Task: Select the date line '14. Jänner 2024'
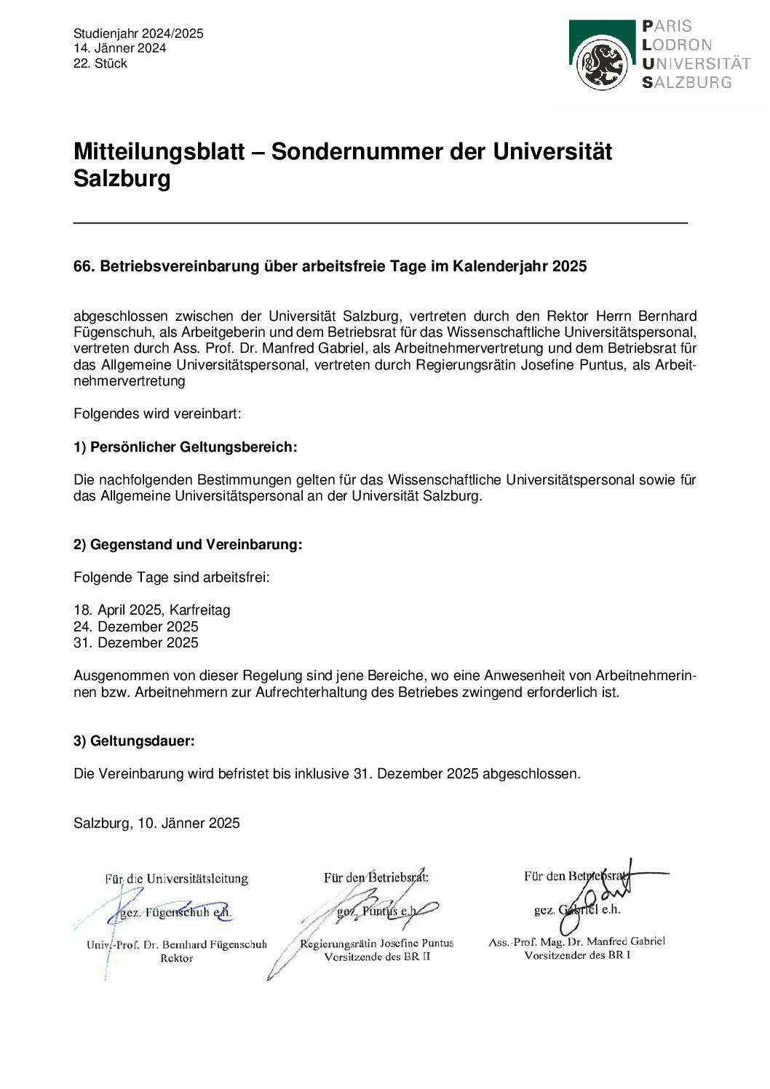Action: click(119, 48)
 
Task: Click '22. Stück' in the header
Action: click(100, 63)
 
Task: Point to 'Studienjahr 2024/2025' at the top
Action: click(138, 33)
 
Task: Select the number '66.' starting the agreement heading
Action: click(84, 266)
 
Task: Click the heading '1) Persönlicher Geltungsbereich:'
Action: click(185, 447)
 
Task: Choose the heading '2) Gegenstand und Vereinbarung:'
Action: click(188, 544)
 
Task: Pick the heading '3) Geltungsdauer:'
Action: click(134, 741)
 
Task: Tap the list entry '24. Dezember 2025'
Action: click(135, 626)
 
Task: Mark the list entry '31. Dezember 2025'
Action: click(135, 642)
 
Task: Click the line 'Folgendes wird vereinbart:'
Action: click(157, 413)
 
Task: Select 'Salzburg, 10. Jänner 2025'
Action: click(156, 823)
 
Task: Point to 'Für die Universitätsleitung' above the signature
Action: click(176, 879)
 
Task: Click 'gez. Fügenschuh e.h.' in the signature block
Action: click(175, 912)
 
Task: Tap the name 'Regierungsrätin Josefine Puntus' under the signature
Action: click(376, 944)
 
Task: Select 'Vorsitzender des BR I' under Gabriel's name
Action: click(577, 955)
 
